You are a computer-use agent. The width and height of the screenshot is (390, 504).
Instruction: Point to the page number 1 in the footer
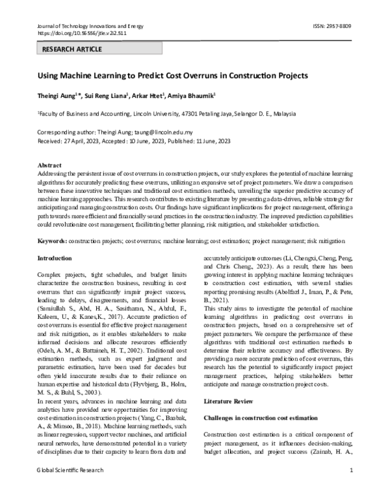pyautogui.click(x=351, y=488)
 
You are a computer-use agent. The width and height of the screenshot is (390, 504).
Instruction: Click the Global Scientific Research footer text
pyautogui.click(x=70, y=488)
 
